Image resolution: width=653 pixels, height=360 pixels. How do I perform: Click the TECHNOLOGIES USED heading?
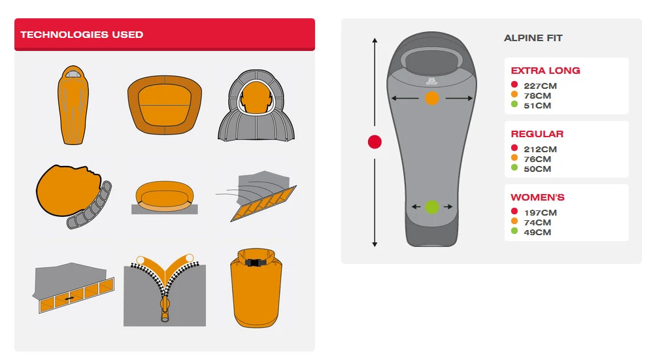[82, 35]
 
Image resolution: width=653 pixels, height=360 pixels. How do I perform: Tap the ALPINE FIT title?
[533, 38]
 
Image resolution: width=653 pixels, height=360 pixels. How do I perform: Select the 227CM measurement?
[540, 86]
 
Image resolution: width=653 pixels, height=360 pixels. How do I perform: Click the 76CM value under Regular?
[537, 159]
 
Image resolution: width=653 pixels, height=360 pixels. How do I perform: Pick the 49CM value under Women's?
[537, 232]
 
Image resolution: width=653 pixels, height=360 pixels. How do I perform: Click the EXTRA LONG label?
[546, 71]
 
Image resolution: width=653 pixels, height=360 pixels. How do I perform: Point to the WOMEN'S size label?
[538, 197]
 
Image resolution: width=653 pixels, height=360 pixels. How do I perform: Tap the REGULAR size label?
[537, 133]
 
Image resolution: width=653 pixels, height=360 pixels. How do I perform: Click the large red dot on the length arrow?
[375, 142]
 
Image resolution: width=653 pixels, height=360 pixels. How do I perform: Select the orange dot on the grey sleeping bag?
[432, 98]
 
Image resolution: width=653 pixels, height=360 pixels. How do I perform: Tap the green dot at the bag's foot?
[432, 207]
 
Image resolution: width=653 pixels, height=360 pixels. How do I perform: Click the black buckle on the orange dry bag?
[256, 263]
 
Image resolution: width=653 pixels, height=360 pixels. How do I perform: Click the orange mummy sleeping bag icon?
[73, 105]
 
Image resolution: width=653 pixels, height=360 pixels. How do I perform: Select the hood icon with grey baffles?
[256, 105]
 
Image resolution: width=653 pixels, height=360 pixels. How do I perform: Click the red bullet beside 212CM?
[514, 148]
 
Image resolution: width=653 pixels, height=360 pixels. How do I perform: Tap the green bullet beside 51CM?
[514, 104]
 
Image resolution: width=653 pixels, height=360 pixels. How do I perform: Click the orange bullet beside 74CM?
[514, 221]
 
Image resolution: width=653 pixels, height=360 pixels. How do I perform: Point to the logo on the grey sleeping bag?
[431, 81]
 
